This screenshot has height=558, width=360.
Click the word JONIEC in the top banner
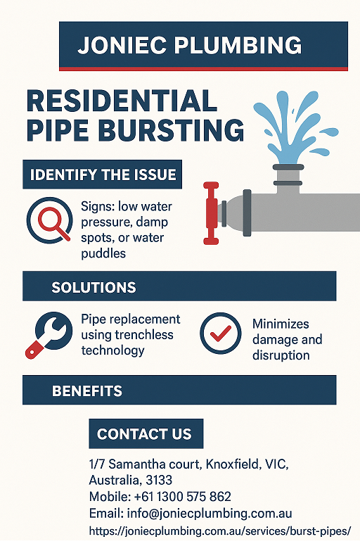click(122, 45)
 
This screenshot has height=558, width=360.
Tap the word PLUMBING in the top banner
click(238, 45)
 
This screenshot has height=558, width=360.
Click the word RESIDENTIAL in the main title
click(122, 101)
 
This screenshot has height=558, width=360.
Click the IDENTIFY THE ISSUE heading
click(103, 175)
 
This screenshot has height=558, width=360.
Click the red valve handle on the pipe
click(211, 213)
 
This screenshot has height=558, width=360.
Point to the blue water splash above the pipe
click(294, 127)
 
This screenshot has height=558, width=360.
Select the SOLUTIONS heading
click(94, 287)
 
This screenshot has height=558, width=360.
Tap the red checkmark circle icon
click(221, 333)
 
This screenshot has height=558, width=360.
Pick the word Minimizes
click(281, 324)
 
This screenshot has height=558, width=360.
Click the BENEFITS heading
click(87, 391)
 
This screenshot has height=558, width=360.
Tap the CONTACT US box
click(146, 433)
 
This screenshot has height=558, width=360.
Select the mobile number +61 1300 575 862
click(183, 497)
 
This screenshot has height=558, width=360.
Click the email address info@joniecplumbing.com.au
click(210, 514)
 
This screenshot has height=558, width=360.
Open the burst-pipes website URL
click(220, 531)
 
